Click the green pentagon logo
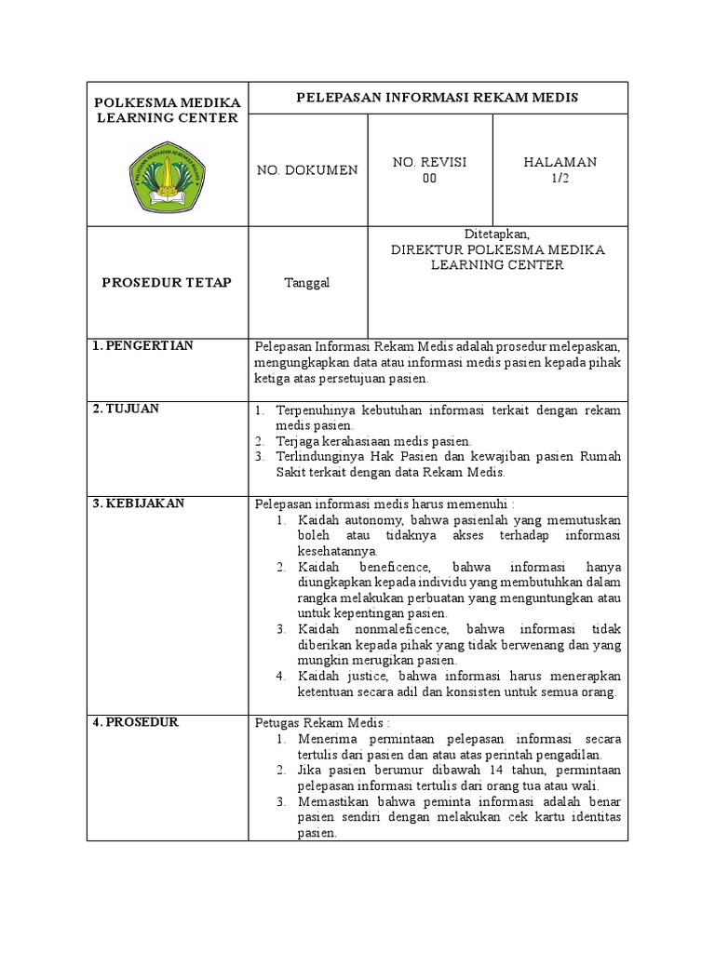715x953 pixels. click(168, 176)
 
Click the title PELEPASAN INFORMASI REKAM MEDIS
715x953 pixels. click(437, 97)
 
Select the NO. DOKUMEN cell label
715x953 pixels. click(307, 170)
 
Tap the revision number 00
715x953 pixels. click(429, 179)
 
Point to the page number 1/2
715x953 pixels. click(560, 179)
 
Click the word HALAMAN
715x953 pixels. click(560, 162)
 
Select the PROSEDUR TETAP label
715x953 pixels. click(167, 282)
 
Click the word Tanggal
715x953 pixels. click(306, 283)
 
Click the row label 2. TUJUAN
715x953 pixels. click(126, 409)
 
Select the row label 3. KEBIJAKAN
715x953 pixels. click(139, 503)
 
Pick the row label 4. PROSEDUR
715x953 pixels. click(136, 722)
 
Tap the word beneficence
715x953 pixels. click(392, 567)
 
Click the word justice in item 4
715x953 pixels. click(373, 676)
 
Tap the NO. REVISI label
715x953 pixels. click(429, 162)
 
